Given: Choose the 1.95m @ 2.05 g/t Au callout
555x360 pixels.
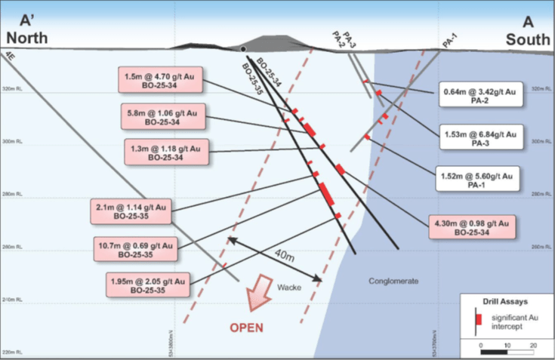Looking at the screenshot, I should (x=148, y=284).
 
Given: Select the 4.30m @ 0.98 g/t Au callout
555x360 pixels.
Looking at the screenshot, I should (x=472, y=227).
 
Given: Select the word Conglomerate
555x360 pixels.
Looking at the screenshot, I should (x=393, y=281).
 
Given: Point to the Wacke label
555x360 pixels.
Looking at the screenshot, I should (x=288, y=288).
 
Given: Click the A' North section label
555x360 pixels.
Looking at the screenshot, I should (x=28, y=29).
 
